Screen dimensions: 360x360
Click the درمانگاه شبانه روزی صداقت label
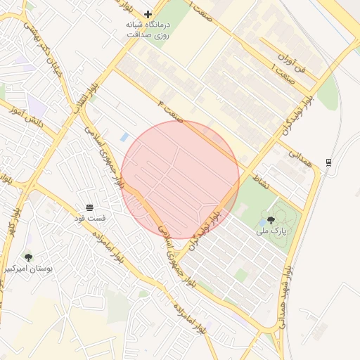pos(148,29)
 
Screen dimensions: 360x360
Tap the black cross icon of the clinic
pos(148,14)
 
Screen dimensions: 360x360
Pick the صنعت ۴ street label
pos(171,111)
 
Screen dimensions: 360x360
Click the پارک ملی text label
pos(270,230)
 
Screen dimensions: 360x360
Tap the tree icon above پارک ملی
pos(271,220)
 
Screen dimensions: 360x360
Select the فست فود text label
pos(89,218)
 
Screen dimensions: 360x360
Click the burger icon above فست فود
pos(89,207)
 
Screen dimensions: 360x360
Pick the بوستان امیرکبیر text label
pos(28,269)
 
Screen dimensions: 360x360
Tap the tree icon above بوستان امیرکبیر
pos(28,258)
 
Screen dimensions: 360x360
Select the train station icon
pos(328,162)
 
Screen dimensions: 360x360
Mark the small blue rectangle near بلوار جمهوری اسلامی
pos(124,136)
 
